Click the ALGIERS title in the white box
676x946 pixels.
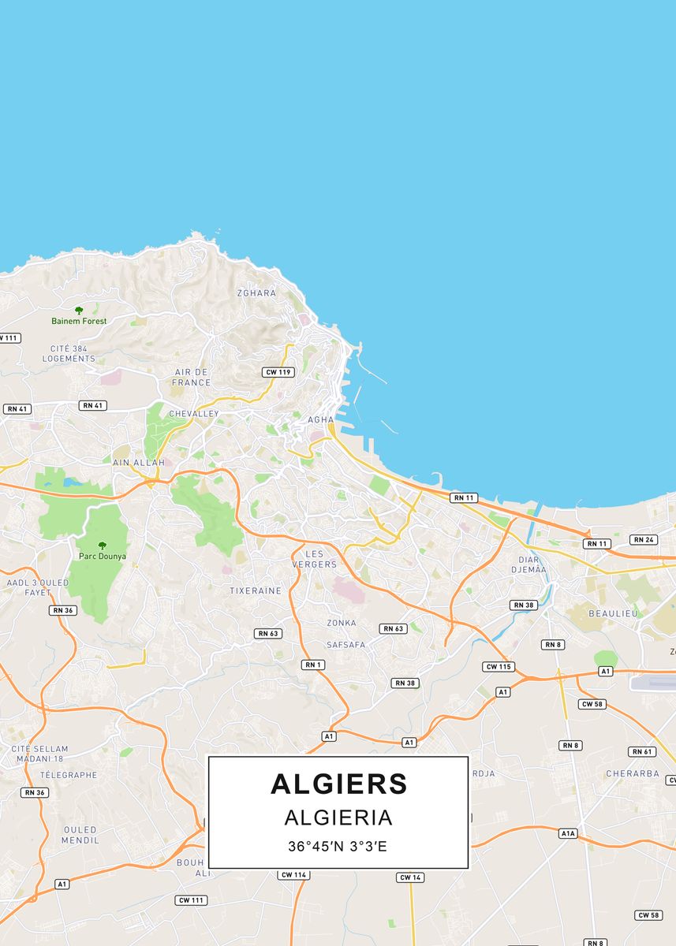(x=338, y=784)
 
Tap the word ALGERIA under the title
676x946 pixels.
(x=338, y=818)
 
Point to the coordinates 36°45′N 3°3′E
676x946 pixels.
(x=338, y=847)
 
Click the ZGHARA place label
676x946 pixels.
(x=257, y=293)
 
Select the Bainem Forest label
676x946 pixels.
(x=79, y=321)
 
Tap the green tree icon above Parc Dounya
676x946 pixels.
(x=102, y=545)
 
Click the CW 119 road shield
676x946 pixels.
(x=278, y=371)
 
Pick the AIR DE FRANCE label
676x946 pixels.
(x=192, y=377)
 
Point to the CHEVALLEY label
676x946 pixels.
(x=194, y=413)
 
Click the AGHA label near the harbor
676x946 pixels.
(x=321, y=419)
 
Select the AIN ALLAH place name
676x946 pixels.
(x=139, y=462)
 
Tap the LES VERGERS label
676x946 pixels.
(x=314, y=559)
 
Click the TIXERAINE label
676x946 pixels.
(x=256, y=590)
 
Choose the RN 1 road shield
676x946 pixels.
(x=313, y=665)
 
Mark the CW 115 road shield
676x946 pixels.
(x=499, y=667)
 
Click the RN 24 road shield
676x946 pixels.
(x=643, y=540)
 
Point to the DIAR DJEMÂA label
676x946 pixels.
(x=528, y=564)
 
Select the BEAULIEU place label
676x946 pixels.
(x=613, y=613)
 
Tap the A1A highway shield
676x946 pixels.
(x=569, y=833)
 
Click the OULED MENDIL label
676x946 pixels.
(x=80, y=835)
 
